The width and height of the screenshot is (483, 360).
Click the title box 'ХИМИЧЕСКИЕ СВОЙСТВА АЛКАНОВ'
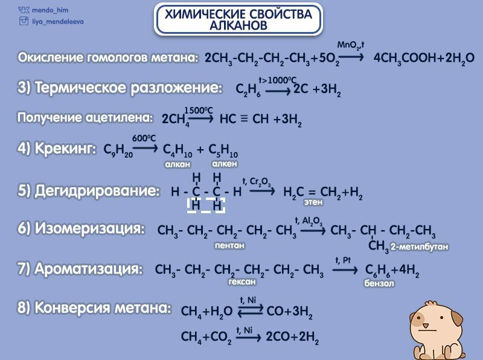(x=238, y=19)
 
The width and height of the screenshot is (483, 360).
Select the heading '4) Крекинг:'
(x=57, y=148)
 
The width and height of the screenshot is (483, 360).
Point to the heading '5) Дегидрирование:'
(x=89, y=191)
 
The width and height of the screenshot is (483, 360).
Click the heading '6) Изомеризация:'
(x=81, y=229)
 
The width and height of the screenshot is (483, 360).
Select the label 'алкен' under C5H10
(x=225, y=163)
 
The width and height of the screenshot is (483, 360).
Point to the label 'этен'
(x=313, y=202)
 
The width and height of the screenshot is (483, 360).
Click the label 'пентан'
(x=230, y=246)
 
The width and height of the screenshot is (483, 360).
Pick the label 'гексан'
(x=242, y=281)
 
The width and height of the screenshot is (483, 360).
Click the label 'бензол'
(x=379, y=283)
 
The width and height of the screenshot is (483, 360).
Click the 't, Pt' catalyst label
(x=344, y=260)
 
